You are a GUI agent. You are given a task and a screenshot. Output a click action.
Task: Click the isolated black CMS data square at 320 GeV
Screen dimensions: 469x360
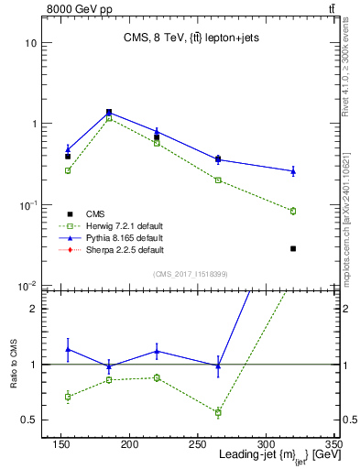[x=293, y=248]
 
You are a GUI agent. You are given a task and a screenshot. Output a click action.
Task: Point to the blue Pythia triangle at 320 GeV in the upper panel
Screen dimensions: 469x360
[x=293, y=170]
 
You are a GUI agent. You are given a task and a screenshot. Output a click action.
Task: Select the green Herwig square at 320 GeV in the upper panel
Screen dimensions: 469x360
[x=293, y=211]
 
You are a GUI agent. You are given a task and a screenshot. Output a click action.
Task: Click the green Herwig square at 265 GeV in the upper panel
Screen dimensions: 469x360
[x=218, y=180]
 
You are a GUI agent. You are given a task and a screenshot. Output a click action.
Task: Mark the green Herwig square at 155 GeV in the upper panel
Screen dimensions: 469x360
[x=68, y=170]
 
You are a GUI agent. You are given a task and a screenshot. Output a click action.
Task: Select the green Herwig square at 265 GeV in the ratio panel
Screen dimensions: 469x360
[x=218, y=412]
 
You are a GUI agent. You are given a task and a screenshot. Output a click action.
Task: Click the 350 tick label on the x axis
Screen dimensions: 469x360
[x=333, y=443]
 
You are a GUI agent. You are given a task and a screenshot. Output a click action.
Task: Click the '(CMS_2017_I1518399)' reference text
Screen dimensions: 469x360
[x=191, y=274]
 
